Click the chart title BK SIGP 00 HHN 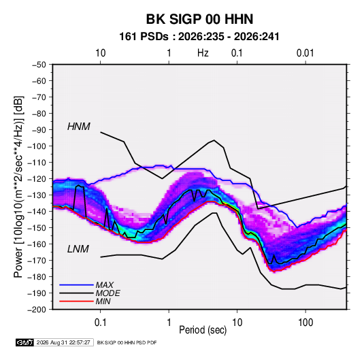(x=199, y=19)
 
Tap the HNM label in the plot (x=78, y=127)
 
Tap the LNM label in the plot (x=78, y=249)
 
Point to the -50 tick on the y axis (x=39, y=65)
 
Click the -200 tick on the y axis (x=37, y=310)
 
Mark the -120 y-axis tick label (x=37, y=179)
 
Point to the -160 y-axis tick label (x=37, y=244)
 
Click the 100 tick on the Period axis (x=305, y=323)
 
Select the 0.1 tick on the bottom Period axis (x=100, y=323)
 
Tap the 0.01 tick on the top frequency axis (x=305, y=53)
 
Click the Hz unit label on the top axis (x=203, y=53)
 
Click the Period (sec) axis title (x=203, y=330)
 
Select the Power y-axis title (x=18, y=186)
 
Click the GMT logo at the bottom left (x=24, y=342)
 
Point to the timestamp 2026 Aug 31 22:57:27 (x=63, y=342)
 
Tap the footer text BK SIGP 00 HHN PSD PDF (x=127, y=342)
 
